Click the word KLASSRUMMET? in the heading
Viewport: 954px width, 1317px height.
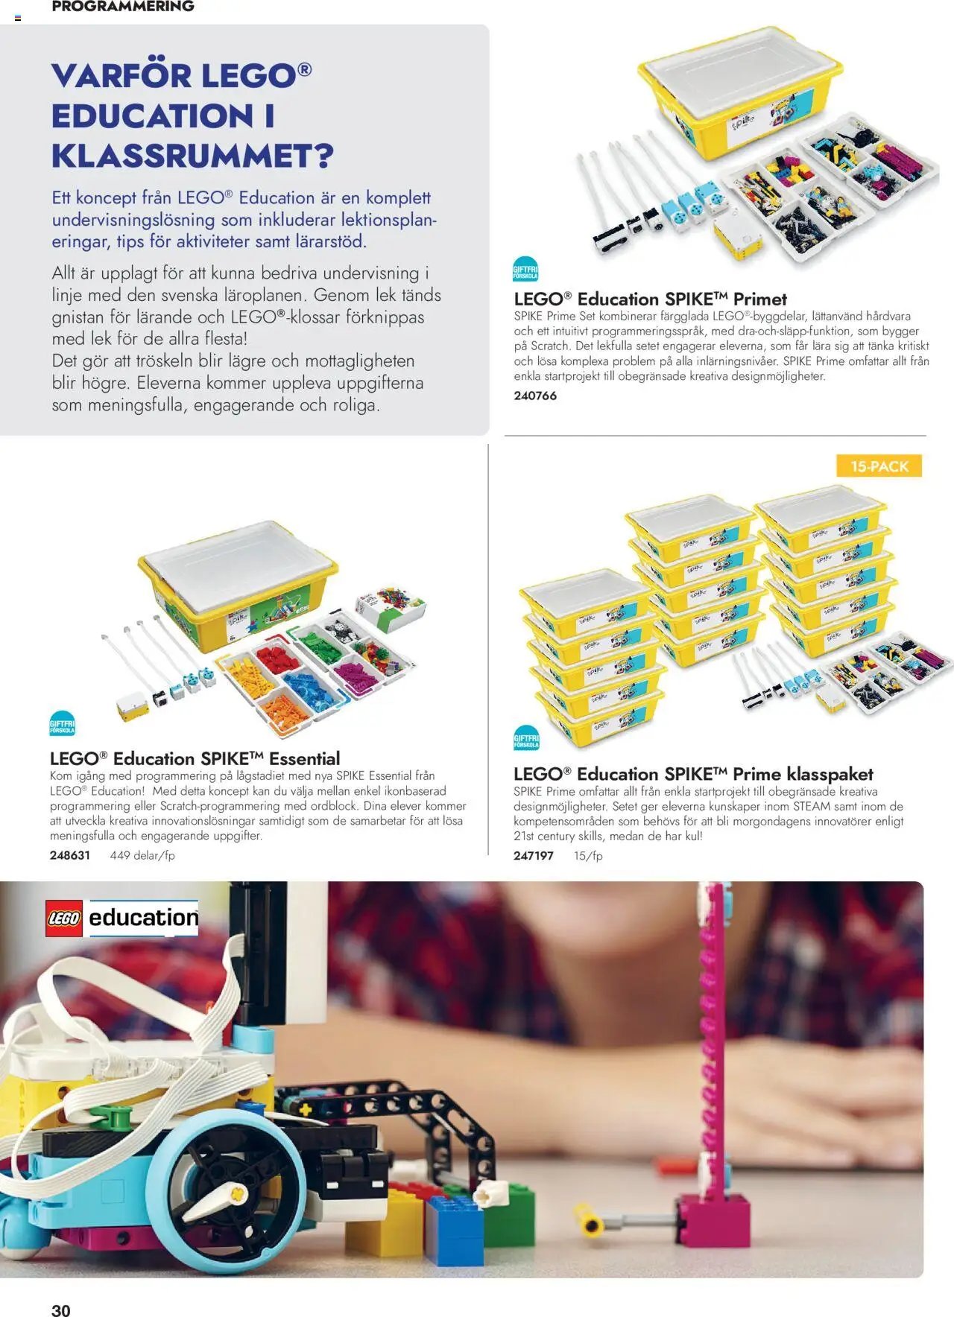(192, 156)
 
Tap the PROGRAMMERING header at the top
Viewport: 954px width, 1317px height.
(123, 7)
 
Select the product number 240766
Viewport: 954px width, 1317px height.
(535, 396)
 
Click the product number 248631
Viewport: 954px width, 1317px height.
(70, 855)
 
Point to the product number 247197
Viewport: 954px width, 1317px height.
(534, 856)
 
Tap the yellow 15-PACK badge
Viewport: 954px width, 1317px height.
(879, 466)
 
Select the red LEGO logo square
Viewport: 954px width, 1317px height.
(64, 918)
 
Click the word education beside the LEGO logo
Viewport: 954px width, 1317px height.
(143, 918)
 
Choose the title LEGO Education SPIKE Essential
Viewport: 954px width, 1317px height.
(195, 758)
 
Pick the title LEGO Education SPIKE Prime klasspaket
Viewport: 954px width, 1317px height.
(693, 773)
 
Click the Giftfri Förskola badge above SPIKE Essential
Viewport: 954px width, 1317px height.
(62, 723)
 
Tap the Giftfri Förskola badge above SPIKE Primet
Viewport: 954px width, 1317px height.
(525, 269)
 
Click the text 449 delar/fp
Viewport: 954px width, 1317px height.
(142, 855)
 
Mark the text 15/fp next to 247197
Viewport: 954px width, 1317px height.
(588, 856)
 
